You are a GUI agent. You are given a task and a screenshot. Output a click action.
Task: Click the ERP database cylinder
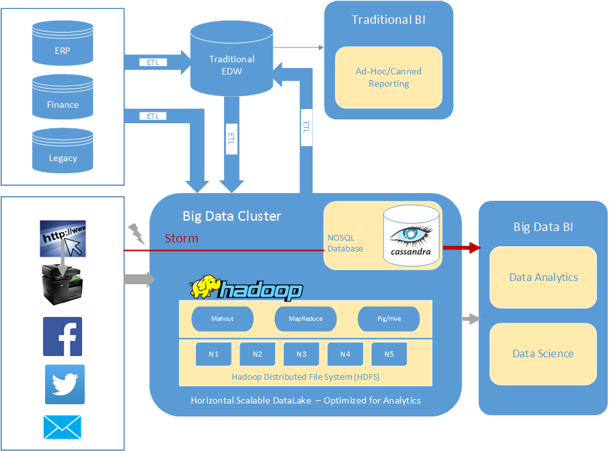[63, 45]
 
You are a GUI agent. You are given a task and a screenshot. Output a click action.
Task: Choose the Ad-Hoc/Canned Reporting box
[389, 77]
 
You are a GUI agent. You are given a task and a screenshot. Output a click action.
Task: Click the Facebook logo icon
[62, 336]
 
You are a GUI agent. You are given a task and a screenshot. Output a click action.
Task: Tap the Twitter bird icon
[64, 384]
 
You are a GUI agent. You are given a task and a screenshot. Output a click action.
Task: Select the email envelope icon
[62, 427]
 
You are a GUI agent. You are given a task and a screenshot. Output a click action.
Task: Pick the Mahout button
[222, 319]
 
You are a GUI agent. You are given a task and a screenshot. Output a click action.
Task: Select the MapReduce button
[305, 319]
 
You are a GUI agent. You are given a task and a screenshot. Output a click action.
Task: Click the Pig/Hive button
[389, 319]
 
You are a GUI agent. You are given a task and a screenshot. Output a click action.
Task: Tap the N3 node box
[302, 354]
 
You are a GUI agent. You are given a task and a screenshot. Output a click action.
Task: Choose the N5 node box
[390, 354]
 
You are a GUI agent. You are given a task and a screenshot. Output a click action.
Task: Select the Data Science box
[543, 353]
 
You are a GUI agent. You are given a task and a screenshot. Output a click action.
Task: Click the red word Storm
[182, 239]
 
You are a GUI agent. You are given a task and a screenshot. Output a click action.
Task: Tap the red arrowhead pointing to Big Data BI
[474, 248]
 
